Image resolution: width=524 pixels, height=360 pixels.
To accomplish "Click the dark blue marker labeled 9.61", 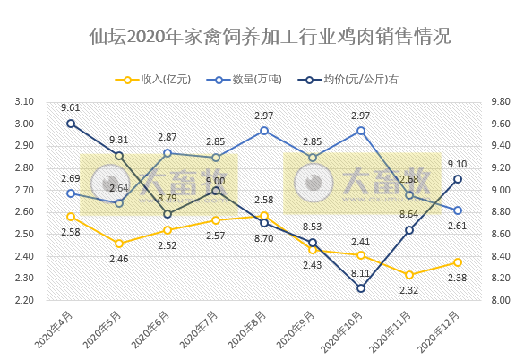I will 71,124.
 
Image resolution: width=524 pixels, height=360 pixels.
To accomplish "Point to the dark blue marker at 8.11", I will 361,288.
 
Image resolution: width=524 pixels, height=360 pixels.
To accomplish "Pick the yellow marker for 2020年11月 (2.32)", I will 409,275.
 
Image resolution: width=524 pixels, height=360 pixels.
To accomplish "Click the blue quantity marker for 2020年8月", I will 264,131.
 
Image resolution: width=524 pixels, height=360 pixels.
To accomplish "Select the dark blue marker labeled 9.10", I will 458,179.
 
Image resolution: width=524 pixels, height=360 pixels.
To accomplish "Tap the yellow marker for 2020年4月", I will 71,216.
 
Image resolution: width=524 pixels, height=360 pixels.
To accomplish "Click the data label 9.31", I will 119,141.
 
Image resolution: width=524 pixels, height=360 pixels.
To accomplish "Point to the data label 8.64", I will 409,214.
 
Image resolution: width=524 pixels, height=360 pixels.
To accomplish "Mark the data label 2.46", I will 119,259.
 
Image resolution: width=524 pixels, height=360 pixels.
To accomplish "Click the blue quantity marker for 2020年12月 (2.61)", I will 458,210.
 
